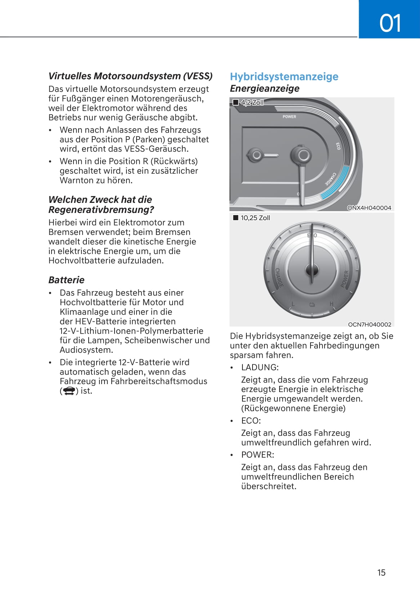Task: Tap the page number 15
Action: (381, 573)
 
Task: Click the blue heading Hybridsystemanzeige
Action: (284, 76)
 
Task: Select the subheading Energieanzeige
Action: (264, 88)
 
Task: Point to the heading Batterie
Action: (66, 280)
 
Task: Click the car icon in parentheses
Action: (68, 391)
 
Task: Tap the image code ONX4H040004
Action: (369, 208)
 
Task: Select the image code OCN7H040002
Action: (369, 324)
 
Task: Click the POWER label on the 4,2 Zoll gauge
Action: (289, 117)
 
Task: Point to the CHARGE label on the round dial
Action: (279, 277)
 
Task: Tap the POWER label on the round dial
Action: (345, 279)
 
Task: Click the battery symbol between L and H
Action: (312, 305)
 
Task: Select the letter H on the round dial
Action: (331, 304)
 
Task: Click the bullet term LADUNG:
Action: (260, 368)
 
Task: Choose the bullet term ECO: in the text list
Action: (251, 421)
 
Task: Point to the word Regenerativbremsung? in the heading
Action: (101, 210)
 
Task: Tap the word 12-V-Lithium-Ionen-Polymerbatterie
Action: (131, 331)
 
